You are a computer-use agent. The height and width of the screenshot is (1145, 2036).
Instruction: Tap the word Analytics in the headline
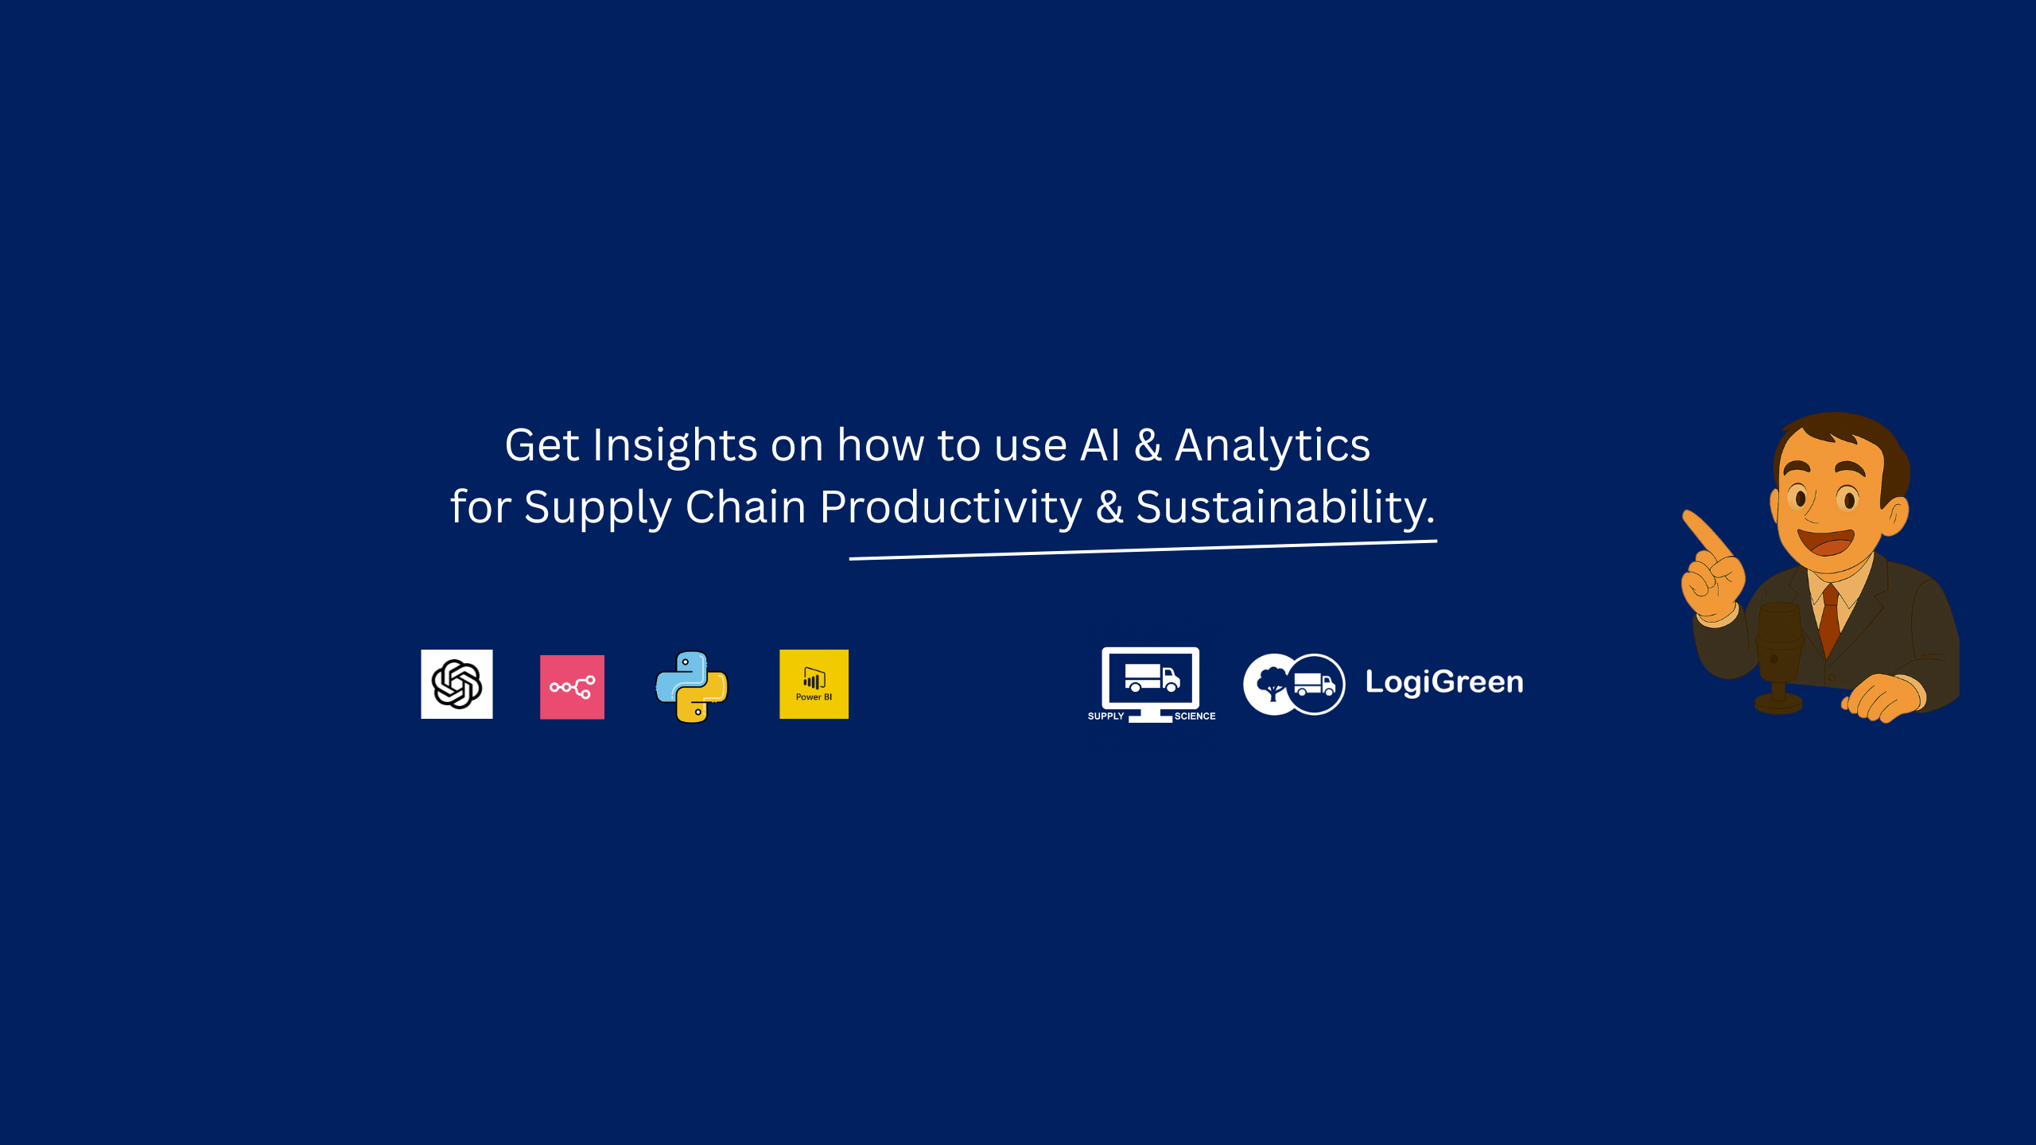1272,446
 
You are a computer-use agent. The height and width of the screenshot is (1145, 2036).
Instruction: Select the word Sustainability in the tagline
1281,508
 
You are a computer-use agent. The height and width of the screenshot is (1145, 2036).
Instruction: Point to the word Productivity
951,508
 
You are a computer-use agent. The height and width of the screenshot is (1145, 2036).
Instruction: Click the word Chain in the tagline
745,507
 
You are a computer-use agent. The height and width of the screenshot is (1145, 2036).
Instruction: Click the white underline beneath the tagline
1143,549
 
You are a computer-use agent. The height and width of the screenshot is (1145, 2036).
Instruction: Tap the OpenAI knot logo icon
457,684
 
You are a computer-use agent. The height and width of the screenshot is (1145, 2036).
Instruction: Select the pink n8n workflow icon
572,687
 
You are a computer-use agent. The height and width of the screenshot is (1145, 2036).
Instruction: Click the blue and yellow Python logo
691,687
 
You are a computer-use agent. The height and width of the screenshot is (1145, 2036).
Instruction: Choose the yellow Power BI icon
814,684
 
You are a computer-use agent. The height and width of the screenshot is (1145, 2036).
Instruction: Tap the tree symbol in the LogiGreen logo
1272,683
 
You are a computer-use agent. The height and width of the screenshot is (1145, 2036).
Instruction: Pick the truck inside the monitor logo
1152,677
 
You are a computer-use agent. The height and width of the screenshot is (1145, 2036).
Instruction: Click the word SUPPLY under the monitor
1105,716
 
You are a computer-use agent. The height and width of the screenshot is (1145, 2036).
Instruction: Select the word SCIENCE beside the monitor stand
1195,716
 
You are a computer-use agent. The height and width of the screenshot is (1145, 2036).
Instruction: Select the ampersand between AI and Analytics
1147,445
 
